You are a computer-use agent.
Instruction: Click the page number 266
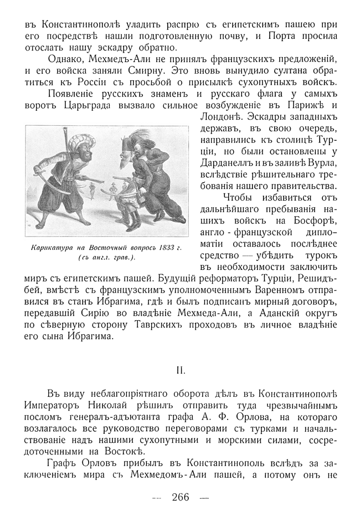[x=181, y=497]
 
